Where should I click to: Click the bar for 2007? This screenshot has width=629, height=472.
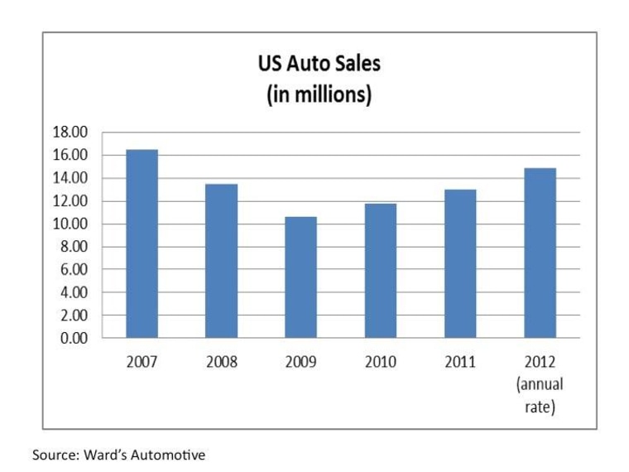142,243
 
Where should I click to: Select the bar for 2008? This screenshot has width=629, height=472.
221,261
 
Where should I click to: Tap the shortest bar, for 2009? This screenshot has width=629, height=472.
300,277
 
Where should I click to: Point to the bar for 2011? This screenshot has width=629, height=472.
459,263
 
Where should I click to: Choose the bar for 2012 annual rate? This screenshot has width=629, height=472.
540,253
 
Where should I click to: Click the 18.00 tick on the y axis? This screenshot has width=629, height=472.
70,132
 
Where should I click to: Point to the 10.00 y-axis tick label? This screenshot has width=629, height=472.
70,224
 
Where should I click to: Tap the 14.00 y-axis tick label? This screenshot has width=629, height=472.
70,178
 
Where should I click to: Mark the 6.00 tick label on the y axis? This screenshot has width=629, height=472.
74,270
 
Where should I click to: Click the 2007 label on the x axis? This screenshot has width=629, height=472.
142,363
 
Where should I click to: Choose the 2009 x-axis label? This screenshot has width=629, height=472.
300,363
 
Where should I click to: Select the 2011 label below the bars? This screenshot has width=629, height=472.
459,363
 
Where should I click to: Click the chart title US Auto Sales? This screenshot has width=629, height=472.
319,65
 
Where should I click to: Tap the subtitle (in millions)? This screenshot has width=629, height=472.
319,94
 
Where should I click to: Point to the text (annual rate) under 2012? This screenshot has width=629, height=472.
540,396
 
